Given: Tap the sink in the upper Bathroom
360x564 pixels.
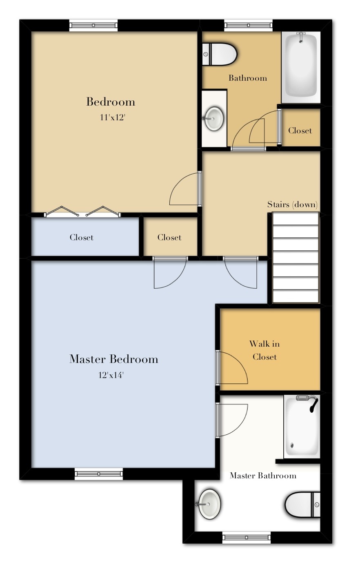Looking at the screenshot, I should click(x=213, y=118).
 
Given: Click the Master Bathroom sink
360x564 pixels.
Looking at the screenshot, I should click(x=210, y=504).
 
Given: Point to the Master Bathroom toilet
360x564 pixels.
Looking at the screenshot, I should click(x=302, y=504).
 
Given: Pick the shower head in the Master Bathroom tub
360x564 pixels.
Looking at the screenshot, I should click(x=313, y=404).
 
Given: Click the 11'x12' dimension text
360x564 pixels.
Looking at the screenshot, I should click(x=112, y=117).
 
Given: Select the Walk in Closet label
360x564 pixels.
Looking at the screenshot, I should click(x=264, y=350).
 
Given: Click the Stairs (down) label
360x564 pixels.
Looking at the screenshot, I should click(x=292, y=204).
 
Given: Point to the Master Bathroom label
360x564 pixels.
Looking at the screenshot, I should click(x=263, y=476).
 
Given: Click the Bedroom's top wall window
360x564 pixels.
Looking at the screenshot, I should click(x=93, y=25).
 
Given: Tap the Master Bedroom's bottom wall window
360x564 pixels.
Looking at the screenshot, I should click(x=98, y=473).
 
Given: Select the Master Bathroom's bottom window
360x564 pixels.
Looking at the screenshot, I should click(x=246, y=537).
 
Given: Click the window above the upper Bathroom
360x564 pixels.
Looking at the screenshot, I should click(x=248, y=25).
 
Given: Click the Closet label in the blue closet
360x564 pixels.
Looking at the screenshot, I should click(x=82, y=237).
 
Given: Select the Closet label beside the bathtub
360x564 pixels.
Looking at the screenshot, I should click(x=300, y=130).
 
